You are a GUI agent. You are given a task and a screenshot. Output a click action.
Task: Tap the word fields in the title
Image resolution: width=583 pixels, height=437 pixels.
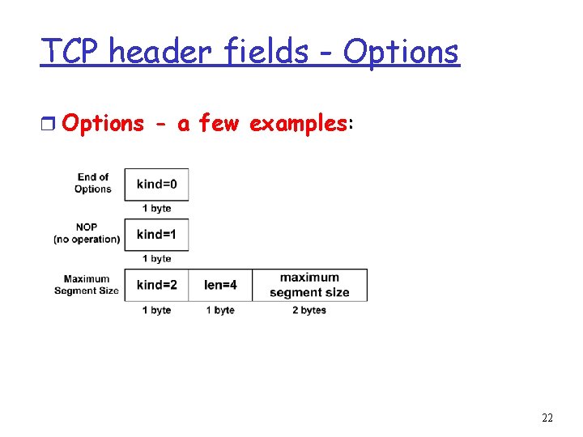point(262,52)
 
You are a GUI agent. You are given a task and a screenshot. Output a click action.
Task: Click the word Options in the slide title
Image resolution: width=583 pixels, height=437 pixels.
point(401,52)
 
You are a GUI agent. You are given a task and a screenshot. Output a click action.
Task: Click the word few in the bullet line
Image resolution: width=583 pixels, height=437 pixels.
point(219,123)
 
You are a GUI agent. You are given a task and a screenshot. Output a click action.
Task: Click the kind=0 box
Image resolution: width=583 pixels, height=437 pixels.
point(156,185)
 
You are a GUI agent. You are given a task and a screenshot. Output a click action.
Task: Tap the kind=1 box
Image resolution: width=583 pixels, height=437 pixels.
point(156,235)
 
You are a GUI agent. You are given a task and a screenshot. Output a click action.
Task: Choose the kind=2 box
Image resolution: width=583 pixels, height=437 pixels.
point(156,285)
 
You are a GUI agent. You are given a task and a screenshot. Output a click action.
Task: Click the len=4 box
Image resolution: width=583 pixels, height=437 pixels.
point(220,285)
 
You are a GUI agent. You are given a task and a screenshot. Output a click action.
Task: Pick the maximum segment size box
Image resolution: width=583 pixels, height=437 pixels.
point(309,285)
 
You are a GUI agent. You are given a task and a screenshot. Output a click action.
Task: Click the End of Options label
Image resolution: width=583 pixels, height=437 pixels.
point(93,183)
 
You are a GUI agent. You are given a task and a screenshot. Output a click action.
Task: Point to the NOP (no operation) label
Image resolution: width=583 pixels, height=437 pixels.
point(87,233)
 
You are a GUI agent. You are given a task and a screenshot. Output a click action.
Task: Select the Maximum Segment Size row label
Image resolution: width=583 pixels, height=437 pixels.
point(87,285)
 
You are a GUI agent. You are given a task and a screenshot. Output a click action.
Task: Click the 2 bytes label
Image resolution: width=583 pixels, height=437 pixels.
point(309,310)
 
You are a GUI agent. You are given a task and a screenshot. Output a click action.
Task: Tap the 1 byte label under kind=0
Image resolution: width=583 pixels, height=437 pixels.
point(156,208)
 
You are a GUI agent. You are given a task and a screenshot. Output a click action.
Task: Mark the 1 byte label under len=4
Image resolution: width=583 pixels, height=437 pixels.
point(220,310)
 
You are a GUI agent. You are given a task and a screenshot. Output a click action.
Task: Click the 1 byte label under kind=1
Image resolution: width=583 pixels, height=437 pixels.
point(156,258)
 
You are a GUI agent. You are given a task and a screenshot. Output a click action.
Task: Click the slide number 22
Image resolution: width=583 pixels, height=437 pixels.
point(547,418)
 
